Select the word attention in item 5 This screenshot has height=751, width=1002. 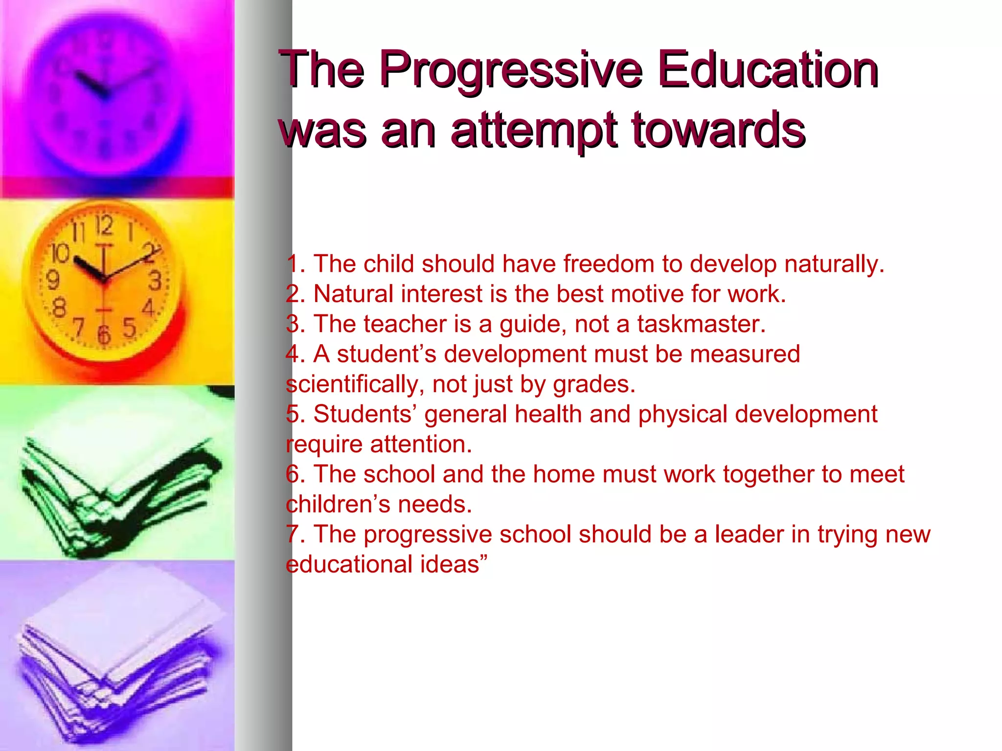420,444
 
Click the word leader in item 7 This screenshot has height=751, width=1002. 749,534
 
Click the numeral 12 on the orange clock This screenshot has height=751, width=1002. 104,226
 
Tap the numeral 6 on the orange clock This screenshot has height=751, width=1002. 104,335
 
